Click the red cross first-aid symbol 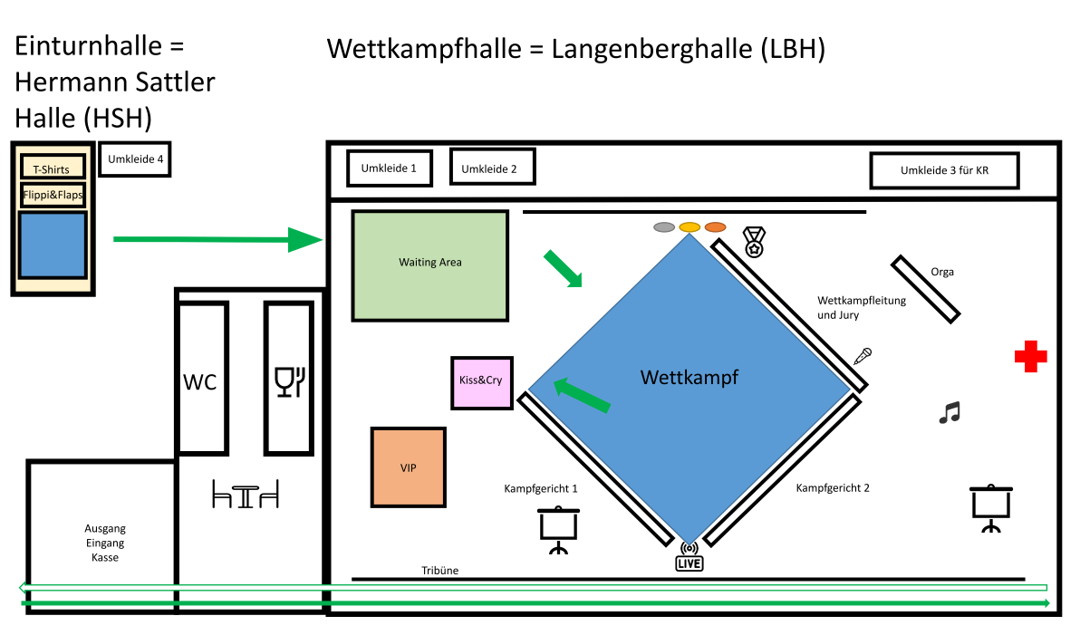coord(1030,357)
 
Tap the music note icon coord(949,413)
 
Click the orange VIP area coord(409,467)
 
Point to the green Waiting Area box coord(429,265)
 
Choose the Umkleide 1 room coord(389,168)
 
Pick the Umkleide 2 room coord(492,168)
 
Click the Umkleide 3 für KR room coord(944,170)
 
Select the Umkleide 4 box coord(135,160)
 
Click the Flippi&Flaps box coord(53,195)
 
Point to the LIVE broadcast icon coord(689,558)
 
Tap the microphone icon coord(863,356)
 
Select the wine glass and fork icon coord(289,381)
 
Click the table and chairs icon coord(245,495)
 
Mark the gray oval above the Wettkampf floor coord(664,226)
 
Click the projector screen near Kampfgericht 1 coord(558,530)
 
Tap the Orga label coord(942,272)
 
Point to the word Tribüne coord(439,571)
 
